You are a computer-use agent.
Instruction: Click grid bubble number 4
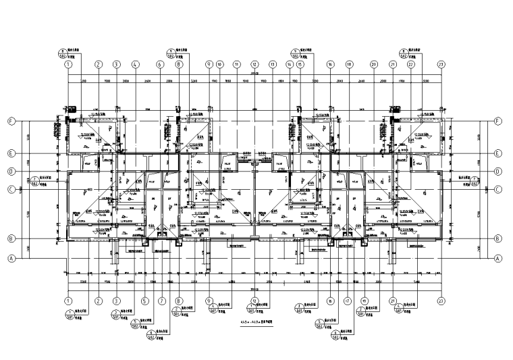[x=135, y=65]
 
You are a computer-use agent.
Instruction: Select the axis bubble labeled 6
[x=161, y=65]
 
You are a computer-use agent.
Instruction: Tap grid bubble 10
[x=223, y=65]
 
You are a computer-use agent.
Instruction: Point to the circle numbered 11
[x=237, y=65]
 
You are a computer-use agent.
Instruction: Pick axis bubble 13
[x=272, y=65]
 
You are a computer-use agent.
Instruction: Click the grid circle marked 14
[x=290, y=65]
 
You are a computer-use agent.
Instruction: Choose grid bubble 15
[x=300, y=65]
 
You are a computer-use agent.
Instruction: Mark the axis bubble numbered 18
[x=350, y=65]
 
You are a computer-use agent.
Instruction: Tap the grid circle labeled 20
[x=373, y=65]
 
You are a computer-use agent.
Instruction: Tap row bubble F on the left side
[x=11, y=122]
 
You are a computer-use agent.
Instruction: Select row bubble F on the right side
[x=497, y=122]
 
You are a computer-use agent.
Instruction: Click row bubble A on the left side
[x=11, y=258]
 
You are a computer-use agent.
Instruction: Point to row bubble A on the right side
[x=497, y=258]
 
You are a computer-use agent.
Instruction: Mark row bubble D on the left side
[x=11, y=172]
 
